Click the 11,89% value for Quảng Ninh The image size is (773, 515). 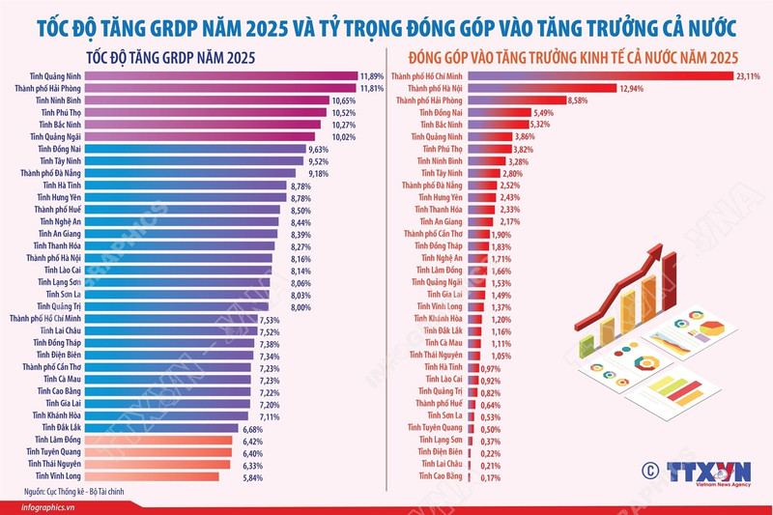click(x=372, y=74)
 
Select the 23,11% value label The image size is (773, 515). click(x=749, y=74)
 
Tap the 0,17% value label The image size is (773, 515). click(x=492, y=476)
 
